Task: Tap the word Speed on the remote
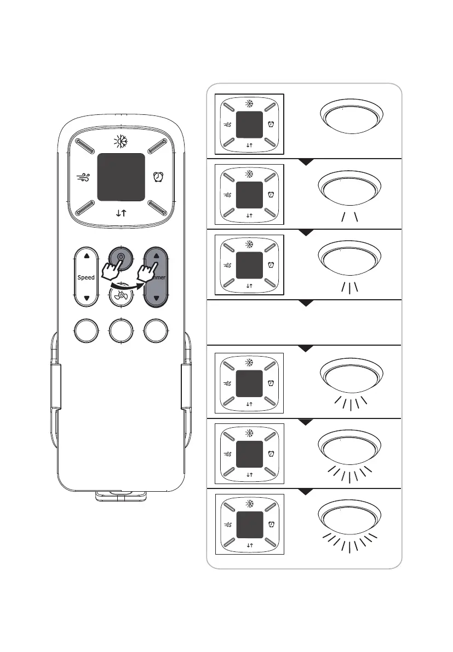[x=86, y=277]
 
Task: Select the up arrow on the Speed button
[x=87, y=255]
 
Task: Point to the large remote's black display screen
[x=121, y=176]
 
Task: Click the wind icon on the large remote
[x=83, y=177]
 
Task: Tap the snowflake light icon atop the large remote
[x=121, y=141]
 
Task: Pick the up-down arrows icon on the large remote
[x=121, y=213]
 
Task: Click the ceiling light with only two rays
[x=350, y=191]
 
